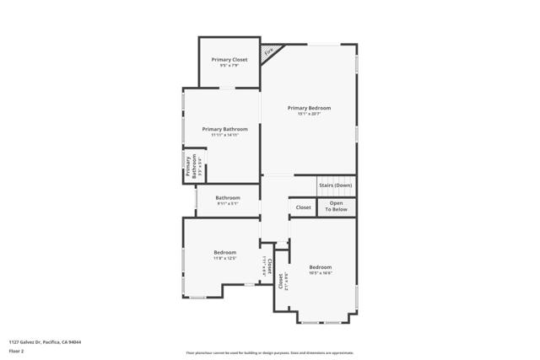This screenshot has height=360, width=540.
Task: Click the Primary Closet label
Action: pyautogui.click(x=229, y=60)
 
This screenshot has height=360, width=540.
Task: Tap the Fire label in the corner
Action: pyautogui.click(x=269, y=52)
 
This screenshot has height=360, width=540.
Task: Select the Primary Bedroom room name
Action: pyautogui.click(x=309, y=108)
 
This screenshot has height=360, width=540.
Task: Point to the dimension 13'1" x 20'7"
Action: pyautogui.click(x=309, y=114)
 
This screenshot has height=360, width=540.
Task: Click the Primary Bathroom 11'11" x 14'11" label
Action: pyautogui.click(x=224, y=129)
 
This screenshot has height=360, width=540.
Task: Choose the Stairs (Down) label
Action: pyautogui.click(x=335, y=185)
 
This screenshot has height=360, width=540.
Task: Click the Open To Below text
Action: pyautogui.click(x=337, y=206)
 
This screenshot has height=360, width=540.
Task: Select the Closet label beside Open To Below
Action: pyautogui.click(x=303, y=207)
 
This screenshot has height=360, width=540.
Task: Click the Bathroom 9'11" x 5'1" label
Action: pyautogui.click(x=228, y=198)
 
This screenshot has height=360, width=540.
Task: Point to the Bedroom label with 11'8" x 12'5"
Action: pyautogui.click(x=224, y=252)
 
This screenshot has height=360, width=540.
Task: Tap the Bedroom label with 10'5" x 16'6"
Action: pyautogui.click(x=320, y=267)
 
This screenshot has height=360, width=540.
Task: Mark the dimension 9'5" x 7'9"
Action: pyautogui.click(x=229, y=66)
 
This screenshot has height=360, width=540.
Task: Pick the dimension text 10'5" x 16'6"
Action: pyautogui.click(x=320, y=273)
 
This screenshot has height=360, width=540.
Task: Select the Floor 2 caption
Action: pyautogui.click(x=17, y=352)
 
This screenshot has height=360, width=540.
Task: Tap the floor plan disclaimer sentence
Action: pyautogui.click(x=270, y=352)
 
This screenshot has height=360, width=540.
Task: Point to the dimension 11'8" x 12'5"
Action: pyautogui.click(x=224, y=258)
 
